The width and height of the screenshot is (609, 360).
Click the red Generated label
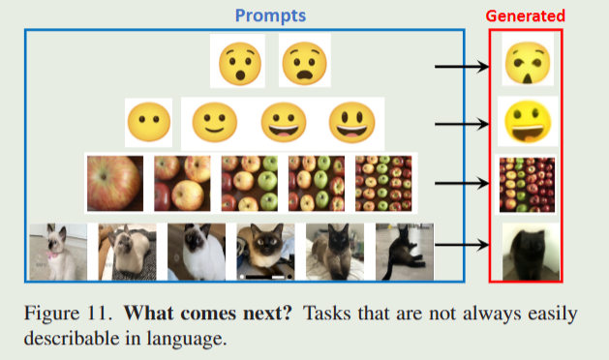coord(526,15)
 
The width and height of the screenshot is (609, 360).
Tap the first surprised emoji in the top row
coord(238,64)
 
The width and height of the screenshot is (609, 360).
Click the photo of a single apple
coord(114,184)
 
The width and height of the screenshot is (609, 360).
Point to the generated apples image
coord(527,184)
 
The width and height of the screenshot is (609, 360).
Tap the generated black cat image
coord(527,251)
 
